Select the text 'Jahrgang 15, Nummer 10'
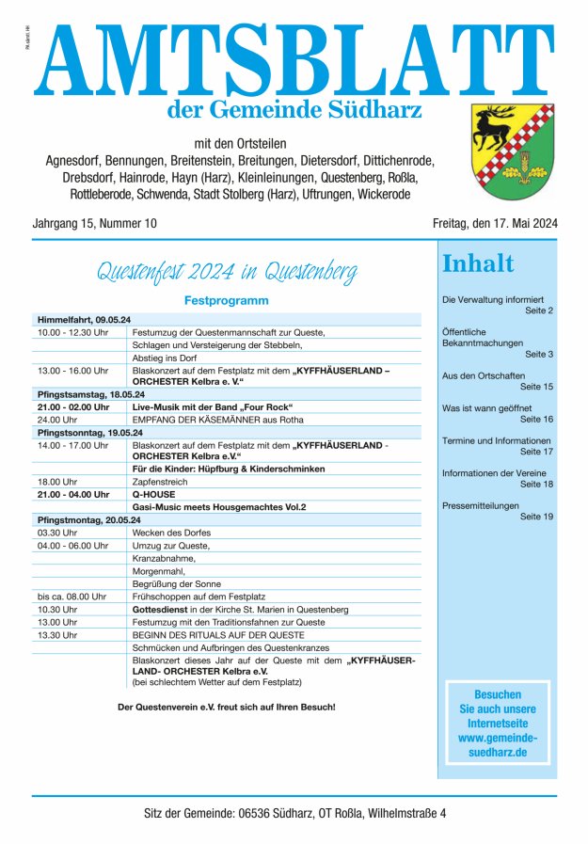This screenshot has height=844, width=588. pyautogui.click(x=95, y=223)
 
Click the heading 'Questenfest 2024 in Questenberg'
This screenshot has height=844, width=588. pyautogui.click(x=227, y=274)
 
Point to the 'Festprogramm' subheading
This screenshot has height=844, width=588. pyautogui.click(x=227, y=301)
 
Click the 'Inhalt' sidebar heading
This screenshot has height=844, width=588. pyautogui.click(x=478, y=263)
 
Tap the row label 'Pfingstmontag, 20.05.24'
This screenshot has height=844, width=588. pyautogui.click(x=88, y=519)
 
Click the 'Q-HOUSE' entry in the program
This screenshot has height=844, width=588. pyautogui.click(x=154, y=493)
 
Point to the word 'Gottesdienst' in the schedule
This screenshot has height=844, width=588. pyautogui.click(x=164, y=609)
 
